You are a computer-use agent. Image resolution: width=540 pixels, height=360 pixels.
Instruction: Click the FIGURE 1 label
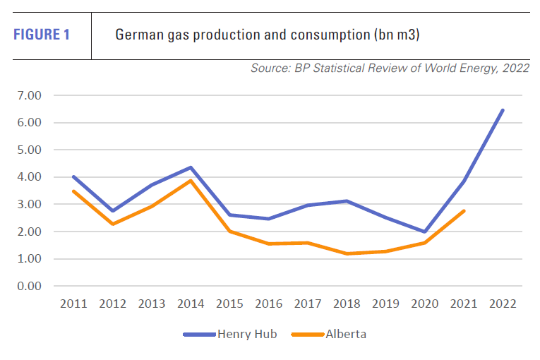tap(42, 34)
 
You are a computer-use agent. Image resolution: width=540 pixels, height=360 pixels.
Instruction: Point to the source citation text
tap(389, 68)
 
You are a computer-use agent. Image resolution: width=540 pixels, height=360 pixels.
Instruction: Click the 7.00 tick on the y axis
tap(29, 95)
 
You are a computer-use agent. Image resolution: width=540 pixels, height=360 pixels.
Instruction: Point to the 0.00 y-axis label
tap(29, 286)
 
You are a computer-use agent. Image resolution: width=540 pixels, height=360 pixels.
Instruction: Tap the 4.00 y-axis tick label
tap(29, 177)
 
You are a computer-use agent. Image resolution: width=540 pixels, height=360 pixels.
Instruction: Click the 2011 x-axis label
tap(74, 304)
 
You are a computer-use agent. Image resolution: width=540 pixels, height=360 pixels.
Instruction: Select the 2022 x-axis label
tap(503, 304)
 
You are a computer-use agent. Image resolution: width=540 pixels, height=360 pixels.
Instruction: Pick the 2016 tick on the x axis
tap(269, 304)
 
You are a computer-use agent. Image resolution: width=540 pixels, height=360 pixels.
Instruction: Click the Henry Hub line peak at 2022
tap(503, 110)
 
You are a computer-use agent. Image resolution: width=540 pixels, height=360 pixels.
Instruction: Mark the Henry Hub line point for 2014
tap(191, 167)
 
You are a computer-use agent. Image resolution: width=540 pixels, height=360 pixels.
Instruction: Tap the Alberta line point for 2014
tap(191, 181)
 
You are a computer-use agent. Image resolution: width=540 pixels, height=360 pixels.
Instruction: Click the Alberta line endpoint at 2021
tap(464, 211)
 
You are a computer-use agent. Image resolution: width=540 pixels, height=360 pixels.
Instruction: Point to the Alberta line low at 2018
tap(347, 253)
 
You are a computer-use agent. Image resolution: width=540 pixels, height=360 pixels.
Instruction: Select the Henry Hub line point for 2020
tap(424, 232)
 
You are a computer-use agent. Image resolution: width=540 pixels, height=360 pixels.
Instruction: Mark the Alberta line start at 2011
tap(74, 191)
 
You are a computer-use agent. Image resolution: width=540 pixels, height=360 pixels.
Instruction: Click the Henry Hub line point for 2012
tap(113, 211)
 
